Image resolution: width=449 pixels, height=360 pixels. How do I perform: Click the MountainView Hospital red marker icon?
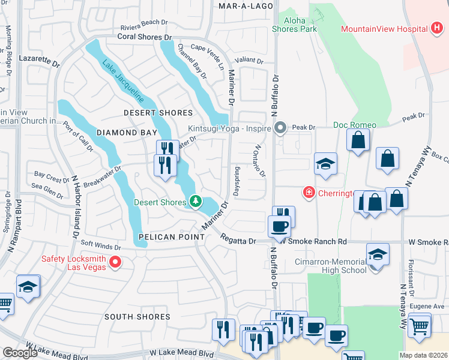[437, 29]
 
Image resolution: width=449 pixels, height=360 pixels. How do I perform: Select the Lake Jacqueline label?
[122, 80]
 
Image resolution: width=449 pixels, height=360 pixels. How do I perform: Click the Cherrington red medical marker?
[309, 192]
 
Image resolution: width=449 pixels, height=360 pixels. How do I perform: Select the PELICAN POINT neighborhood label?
[171, 237]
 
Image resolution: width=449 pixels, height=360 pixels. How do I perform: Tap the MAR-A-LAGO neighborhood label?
[246, 5]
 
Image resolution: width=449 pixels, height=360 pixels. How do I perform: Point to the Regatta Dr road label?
[238, 241]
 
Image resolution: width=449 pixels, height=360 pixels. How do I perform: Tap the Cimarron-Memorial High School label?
[330, 266]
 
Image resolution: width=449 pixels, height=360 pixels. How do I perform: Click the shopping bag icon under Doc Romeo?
[358, 140]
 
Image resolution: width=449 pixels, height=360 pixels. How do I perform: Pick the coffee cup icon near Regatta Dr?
[279, 227]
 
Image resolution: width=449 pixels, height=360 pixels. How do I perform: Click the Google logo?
[20, 353]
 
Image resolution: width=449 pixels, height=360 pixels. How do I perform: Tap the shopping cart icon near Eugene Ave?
[419, 326]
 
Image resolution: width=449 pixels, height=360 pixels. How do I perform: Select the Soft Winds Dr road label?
[100, 245]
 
